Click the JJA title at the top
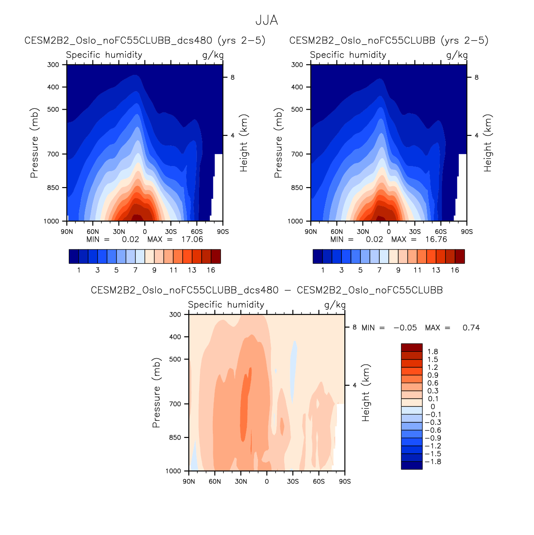click(267, 20)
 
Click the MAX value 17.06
click(192, 240)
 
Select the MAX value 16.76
click(436, 240)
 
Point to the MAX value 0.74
click(471, 328)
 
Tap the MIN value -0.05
click(405, 328)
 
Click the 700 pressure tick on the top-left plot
click(53, 154)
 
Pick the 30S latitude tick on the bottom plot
click(293, 482)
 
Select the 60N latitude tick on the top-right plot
click(337, 232)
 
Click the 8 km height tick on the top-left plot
click(233, 77)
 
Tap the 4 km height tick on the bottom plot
click(355, 385)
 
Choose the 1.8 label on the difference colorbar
click(433, 352)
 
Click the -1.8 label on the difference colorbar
click(433, 462)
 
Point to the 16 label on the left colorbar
click(211, 270)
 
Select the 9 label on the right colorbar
click(398, 270)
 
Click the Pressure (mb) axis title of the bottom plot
click(156, 392)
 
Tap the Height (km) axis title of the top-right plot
click(488, 143)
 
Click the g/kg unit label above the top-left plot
click(213, 55)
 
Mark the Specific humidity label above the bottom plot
click(226, 305)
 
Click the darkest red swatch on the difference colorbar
click(411, 347)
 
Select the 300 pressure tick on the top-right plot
click(297, 65)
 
